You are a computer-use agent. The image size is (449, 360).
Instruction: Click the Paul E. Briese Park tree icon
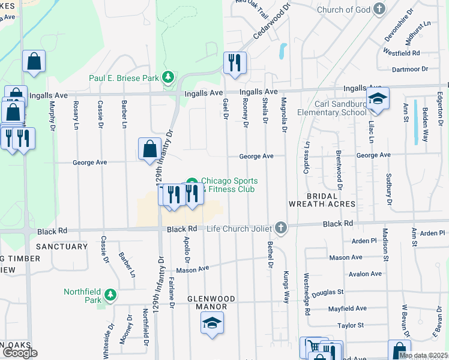(x=169, y=77)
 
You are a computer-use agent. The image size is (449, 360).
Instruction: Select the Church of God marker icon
(x=379, y=9)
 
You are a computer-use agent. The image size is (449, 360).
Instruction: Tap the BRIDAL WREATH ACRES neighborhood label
(x=322, y=200)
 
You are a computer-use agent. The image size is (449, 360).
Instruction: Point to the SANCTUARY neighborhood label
(x=61, y=247)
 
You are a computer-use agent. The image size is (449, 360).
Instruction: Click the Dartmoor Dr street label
(x=409, y=69)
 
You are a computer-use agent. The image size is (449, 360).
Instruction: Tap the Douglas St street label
(x=327, y=292)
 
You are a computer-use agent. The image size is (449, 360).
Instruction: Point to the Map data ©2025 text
(x=423, y=356)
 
